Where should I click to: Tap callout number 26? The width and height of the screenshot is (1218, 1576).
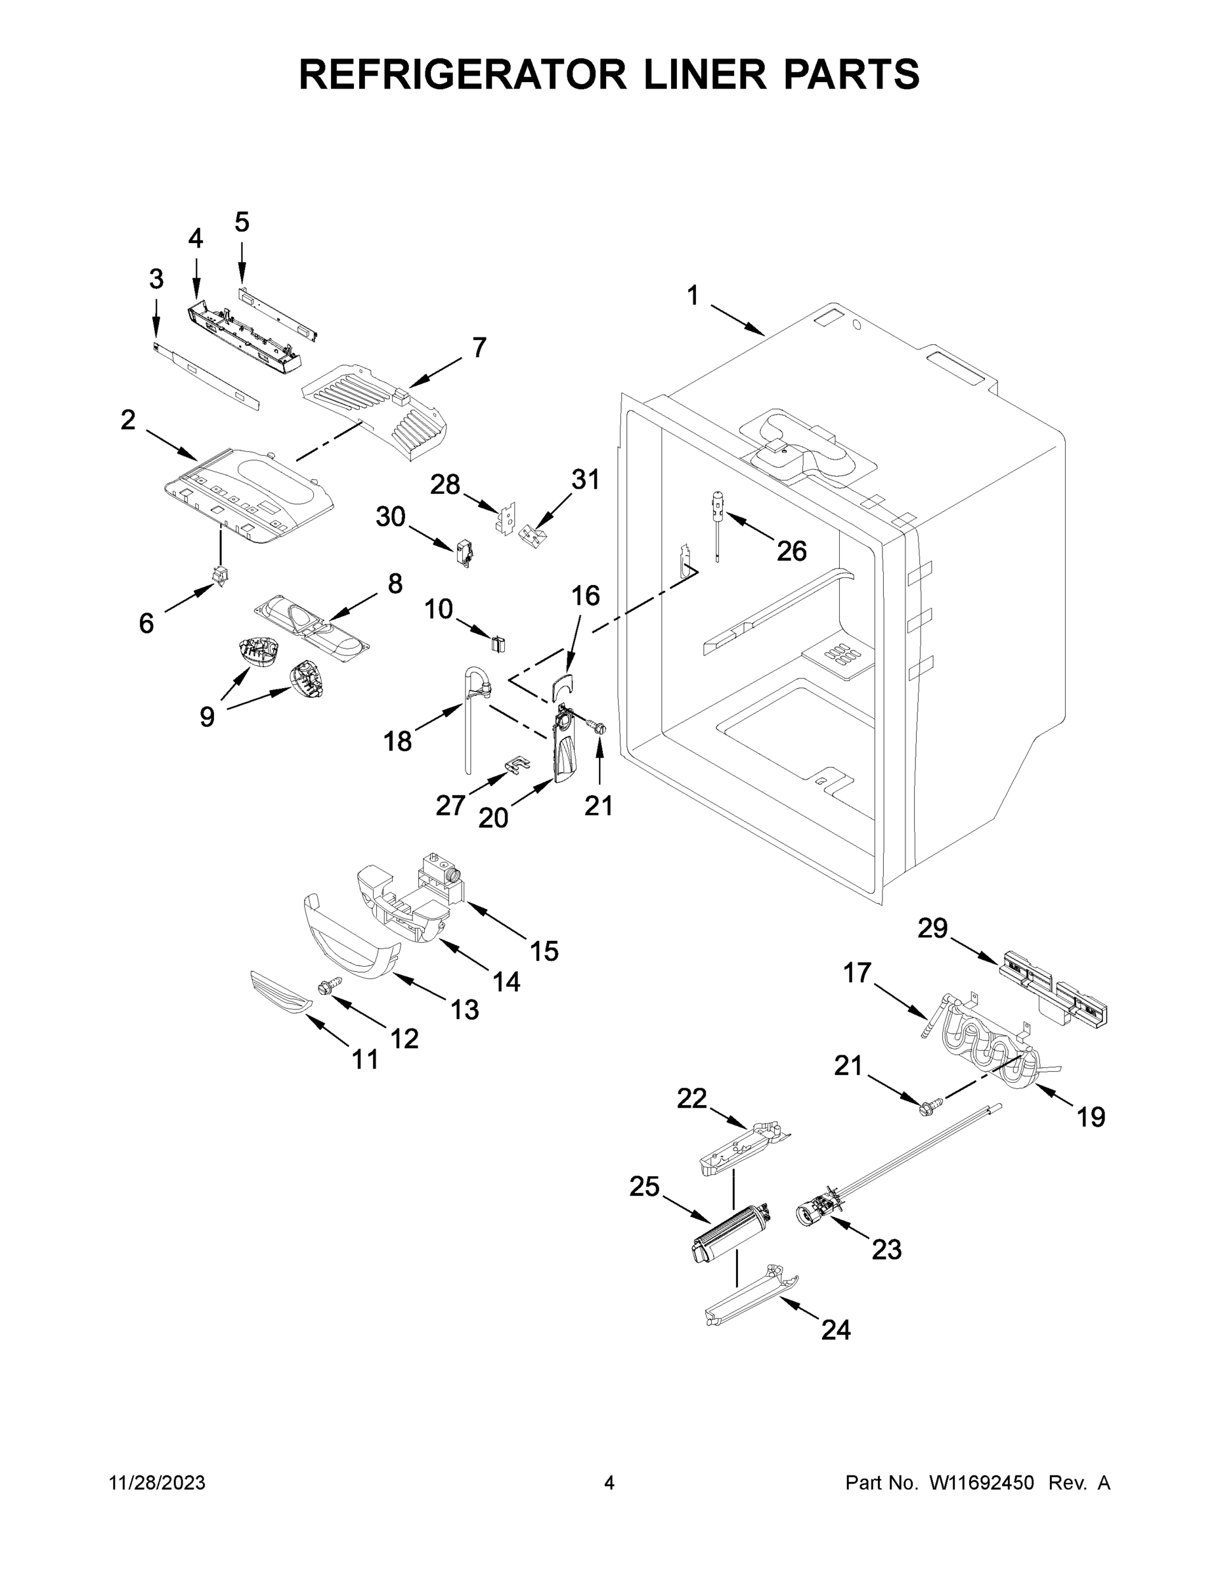(792, 552)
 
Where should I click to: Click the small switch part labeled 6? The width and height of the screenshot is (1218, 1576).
(219, 576)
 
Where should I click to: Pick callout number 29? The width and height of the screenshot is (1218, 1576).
(932, 929)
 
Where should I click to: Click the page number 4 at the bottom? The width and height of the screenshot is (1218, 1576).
(609, 1483)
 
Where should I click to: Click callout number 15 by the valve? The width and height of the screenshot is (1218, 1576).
(544, 951)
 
